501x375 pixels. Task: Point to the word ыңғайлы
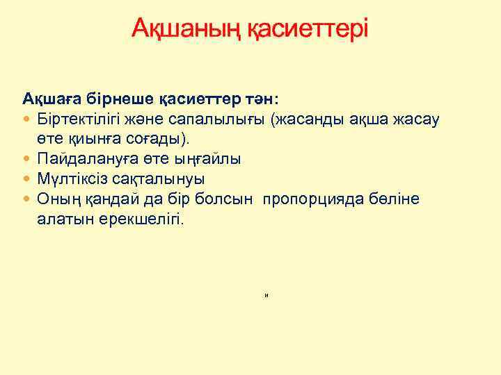click(x=206, y=158)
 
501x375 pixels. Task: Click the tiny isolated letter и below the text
click(x=267, y=296)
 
